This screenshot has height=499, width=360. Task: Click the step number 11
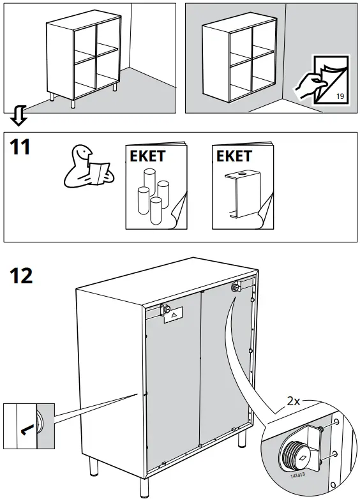coord(20,147)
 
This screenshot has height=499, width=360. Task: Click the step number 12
coord(22,276)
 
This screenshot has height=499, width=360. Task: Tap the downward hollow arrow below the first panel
coord(20,115)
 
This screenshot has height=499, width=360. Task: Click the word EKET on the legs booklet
coord(147,156)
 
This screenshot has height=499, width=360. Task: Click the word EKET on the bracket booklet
coord(234,156)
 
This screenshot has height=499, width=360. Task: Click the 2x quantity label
coord(293,401)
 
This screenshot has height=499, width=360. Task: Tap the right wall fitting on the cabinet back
coord(236,287)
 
